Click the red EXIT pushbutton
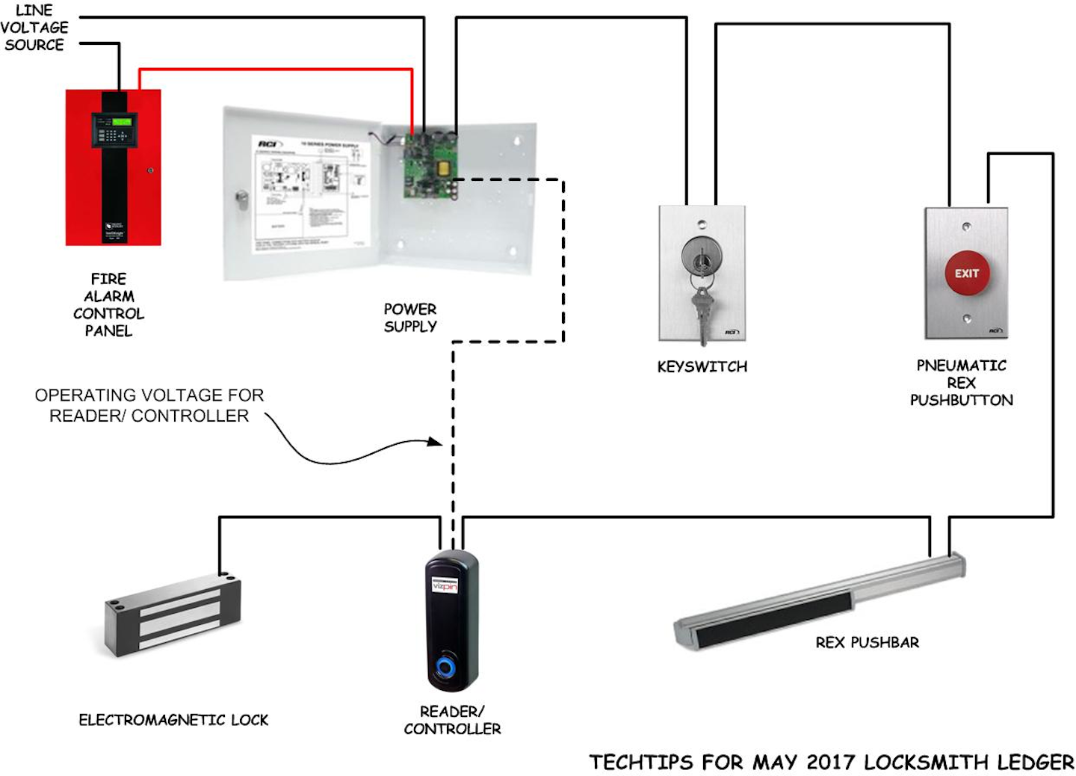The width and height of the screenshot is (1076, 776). pos(966,274)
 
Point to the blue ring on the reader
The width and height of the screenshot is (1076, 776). pos(448,665)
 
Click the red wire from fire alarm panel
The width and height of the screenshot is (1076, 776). pos(276,70)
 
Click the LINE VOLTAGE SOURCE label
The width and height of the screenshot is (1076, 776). pos(34,28)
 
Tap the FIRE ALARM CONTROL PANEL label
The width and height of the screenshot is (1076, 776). pos(108,305)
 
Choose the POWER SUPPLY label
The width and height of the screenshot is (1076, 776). pos(410,318)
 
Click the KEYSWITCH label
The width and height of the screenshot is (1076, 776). pos(702,367)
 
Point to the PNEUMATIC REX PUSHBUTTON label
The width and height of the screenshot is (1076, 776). pos(961,383)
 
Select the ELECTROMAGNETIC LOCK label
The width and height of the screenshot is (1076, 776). pos(173,720)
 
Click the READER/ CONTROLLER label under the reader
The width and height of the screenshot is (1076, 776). pos(452,720)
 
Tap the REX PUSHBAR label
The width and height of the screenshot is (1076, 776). pos(867,642)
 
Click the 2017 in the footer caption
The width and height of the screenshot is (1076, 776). pos(831,763)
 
